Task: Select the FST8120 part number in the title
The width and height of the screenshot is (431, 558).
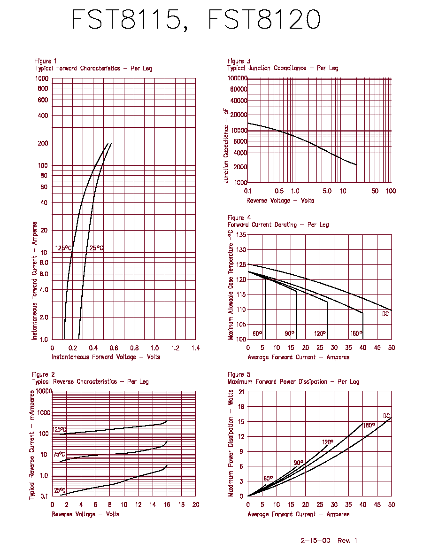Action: pyautogui.click(x=264, y=19)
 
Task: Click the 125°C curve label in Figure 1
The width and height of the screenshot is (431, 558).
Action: pyautogui.click(x=63, y=248)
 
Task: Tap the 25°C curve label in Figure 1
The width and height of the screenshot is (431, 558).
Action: pyautogui.click(x=96, y=248)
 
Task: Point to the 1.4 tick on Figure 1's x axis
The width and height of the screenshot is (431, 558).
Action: pyautogui.click(x=196, y=348)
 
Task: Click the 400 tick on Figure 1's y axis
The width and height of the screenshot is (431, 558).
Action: pyautogui.click(x=43, y=115)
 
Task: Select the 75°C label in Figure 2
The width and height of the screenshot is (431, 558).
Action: pyautogui.click(x=59, y=455)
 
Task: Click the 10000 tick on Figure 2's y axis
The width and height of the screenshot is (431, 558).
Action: pyautogui.click(x=44, y=391)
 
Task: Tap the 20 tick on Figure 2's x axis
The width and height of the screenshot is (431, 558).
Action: pyautogui.click(x=196, y=504)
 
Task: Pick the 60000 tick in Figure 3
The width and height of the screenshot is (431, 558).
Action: pyautogui.click(x=238, y=89)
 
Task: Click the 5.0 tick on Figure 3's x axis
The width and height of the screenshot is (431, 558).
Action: pyautogui.click(x=327, y=191)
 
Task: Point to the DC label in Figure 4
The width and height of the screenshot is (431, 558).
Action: pyautogui.click(x=385, y=314)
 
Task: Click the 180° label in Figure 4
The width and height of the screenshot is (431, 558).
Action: pyautogui.click(x=356, y=333)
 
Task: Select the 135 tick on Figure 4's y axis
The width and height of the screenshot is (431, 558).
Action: pyautogui.click(x=241, y=235)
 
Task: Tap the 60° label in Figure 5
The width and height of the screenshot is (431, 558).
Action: pyautogui.click(x=268, y=478)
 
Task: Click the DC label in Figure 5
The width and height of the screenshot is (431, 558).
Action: pyautogui.click(x=386, y=416)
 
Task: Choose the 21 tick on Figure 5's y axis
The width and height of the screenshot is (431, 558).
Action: pyautogui.click(x=241, y=392)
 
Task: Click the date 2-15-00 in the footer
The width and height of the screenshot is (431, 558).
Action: pyautogui.click(x=316, y=541)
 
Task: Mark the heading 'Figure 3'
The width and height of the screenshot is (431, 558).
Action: pyautogui.click(x=239, y=61)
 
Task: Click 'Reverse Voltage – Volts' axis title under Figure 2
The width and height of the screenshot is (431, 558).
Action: pyautogui.click(x=85, y=514)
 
